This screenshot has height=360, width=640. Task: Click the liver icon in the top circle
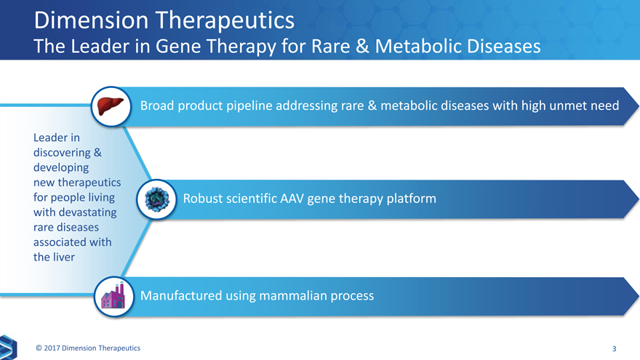point(111,106)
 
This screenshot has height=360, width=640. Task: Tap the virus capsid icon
point(157,199)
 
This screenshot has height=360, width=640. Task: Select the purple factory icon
point(113,296)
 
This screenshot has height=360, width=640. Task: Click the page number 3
point(615,348)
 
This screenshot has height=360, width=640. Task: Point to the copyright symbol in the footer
point(39,348)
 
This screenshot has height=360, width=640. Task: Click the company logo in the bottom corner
point(8,347)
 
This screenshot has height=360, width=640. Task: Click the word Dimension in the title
point(91,20)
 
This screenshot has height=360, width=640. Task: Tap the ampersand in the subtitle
point(361,46)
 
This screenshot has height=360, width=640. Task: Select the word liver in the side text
point(64,257)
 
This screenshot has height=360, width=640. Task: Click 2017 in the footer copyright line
point(52,348)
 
